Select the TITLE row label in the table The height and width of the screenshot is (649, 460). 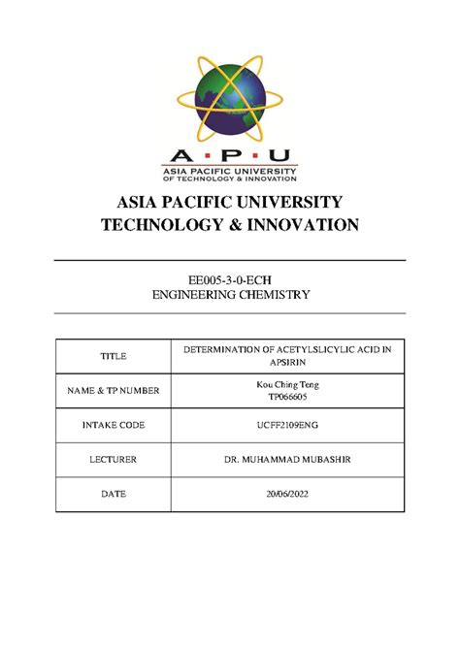click(x=113, y=357)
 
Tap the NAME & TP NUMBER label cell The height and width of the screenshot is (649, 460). click(x=113, y=391)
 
